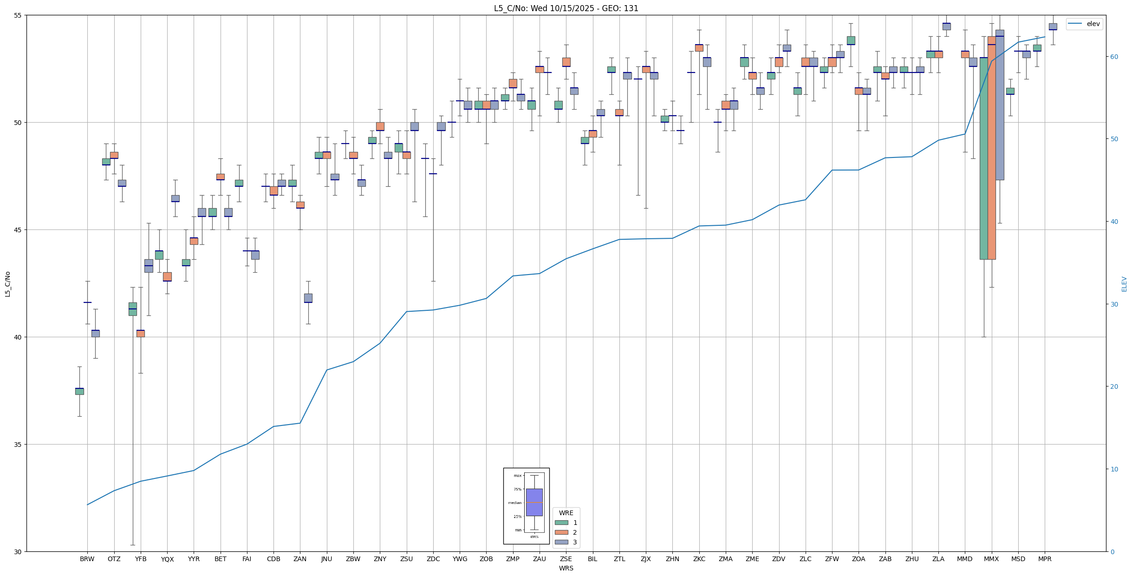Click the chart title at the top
point(566,8)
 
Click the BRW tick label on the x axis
point(87,559)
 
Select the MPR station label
point(1045,559)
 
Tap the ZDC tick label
point(433,559)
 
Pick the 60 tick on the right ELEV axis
point(1114,57)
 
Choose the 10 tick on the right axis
point(1114,469)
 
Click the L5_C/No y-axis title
point(7,283)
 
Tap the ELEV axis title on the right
point(1124,284)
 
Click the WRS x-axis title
point(566,568)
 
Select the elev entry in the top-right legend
point(1093,24)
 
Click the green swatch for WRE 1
point(561,523)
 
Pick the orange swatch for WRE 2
point(561,532)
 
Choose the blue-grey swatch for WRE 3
point(561,542)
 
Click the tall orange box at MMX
point(991,149)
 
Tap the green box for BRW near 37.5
point(79,391)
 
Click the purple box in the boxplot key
point(534,502)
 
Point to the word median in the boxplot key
point(514,503)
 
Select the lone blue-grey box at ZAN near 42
point(308,298)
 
